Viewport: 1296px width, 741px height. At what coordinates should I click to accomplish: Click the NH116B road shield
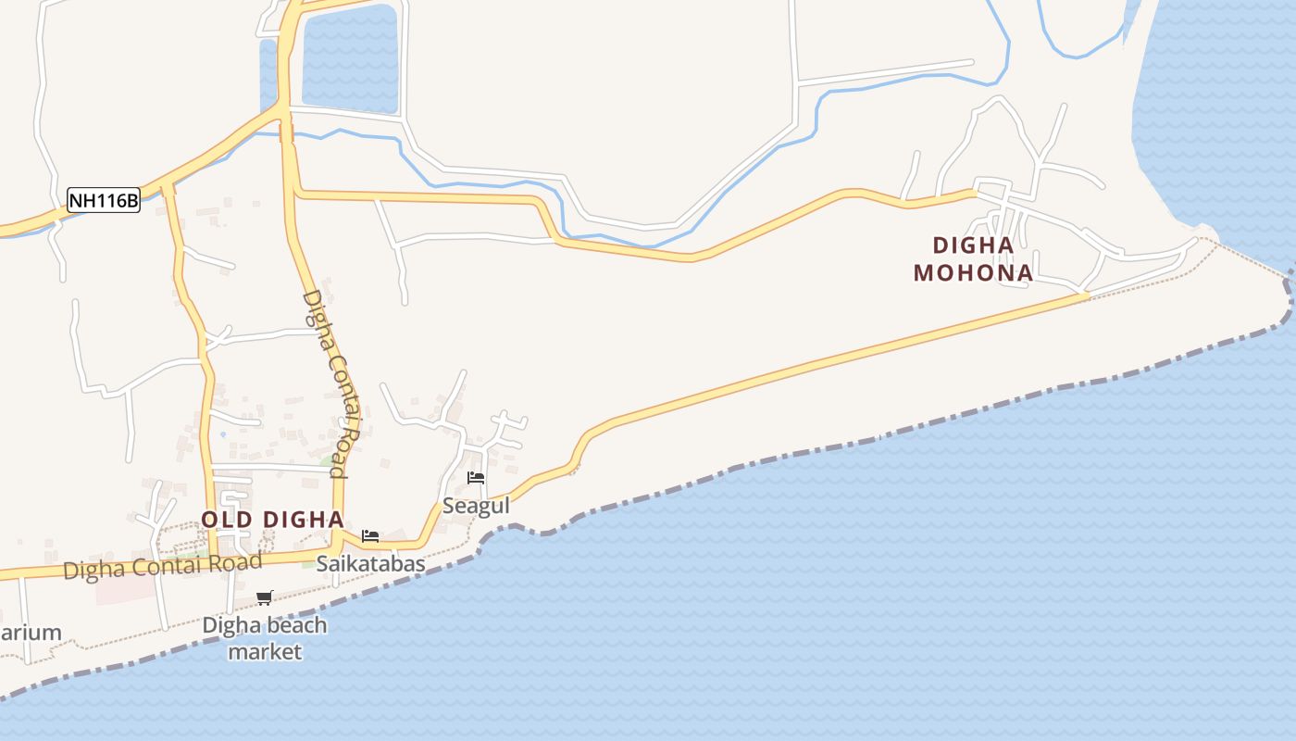[x=104, y=200]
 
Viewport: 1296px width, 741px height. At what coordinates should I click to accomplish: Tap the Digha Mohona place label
[x=973, y=259]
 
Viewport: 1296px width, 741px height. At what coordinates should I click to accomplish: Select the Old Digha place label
[x=272, y=520]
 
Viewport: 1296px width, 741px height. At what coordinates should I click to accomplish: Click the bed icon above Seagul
[x=476, y=478]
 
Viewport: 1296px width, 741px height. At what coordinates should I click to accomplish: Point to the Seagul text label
[x=476, y=506]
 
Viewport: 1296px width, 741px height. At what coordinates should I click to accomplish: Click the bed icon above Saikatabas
[x=370, y=536]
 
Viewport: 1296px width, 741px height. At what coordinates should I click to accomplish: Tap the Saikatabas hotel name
[x=370, y=563]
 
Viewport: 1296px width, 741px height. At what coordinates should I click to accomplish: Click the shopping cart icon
[x=265, y=597]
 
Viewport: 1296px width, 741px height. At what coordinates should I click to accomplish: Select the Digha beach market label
[x=265, y=638]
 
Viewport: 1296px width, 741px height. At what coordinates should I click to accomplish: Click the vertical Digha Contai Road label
[x=330, y=383]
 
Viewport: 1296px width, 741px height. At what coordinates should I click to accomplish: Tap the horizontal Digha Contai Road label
[x=162, y=566]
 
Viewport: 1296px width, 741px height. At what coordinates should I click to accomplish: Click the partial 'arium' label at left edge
[x=31, y=634]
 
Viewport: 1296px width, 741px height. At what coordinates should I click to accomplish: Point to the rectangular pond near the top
[x=349, y=58]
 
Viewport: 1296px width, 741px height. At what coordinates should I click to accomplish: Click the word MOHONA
[x=973, y=273]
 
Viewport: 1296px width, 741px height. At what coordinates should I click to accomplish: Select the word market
[x=265, y=652]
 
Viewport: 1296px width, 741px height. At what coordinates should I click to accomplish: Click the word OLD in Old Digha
[x=226, y=520]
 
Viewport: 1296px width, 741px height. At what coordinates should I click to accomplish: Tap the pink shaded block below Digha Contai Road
[x=125, y=589]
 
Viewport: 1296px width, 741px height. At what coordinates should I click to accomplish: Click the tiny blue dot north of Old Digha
[x=222, y=433]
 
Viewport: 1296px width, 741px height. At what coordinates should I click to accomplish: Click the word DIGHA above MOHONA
[x=973, y=245]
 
